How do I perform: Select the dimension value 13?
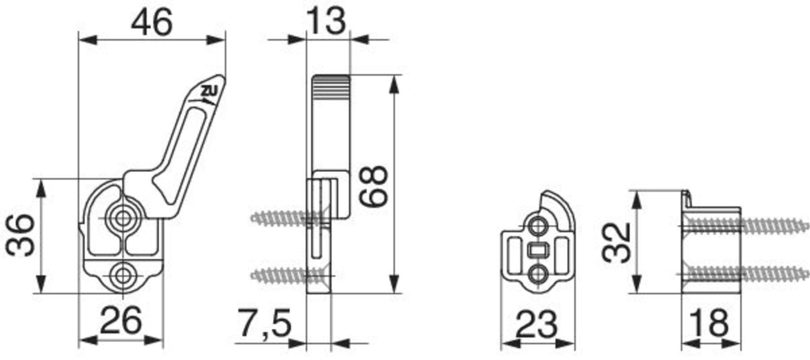tap(326, 21)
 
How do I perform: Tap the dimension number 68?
tap(375, 186)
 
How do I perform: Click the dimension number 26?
tap(121, 320)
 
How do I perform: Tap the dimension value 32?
tap(617, 242)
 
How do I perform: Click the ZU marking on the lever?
tap(209, 92)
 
